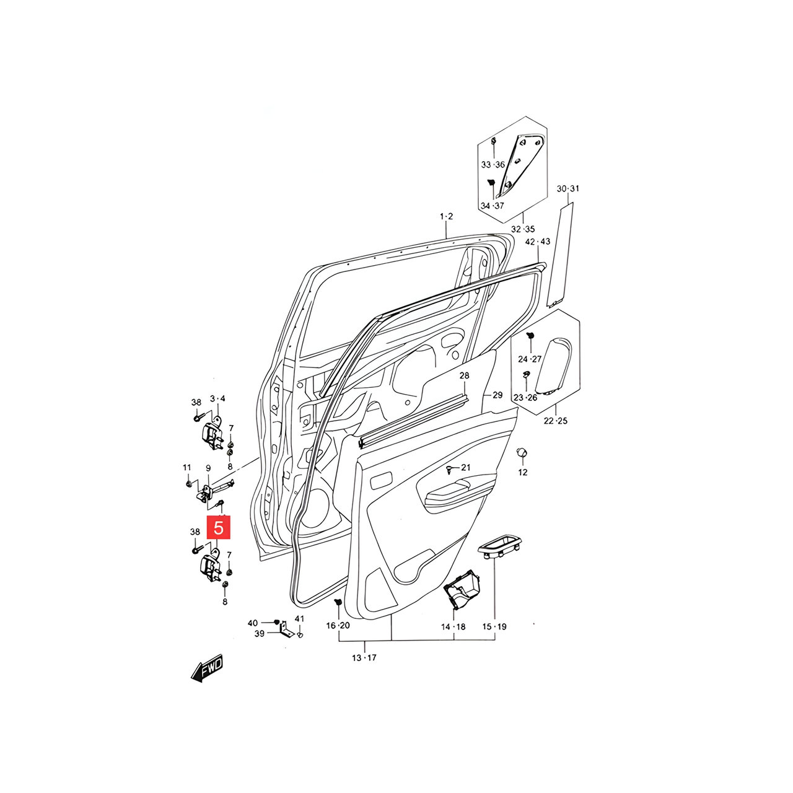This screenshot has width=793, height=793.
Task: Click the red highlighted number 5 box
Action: (x=219, y=527)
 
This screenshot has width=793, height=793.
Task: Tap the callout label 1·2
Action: (x=446, y=216)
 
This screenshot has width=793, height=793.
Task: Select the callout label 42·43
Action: (x=538, y=242)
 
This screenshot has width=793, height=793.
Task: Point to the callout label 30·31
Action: (x=568, y=189)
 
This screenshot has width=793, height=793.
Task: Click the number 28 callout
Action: (x=464, y=375)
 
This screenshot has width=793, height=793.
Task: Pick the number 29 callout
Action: (x=497, y=395)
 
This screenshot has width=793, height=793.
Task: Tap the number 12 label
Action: (x=523, y=473)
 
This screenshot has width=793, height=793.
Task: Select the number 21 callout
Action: (x=465, y=467)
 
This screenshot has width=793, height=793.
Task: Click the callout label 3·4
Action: (x=217, y=398)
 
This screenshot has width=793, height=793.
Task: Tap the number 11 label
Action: (x=187, y=468)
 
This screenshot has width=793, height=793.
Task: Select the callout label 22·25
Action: (x=556, y=421)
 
